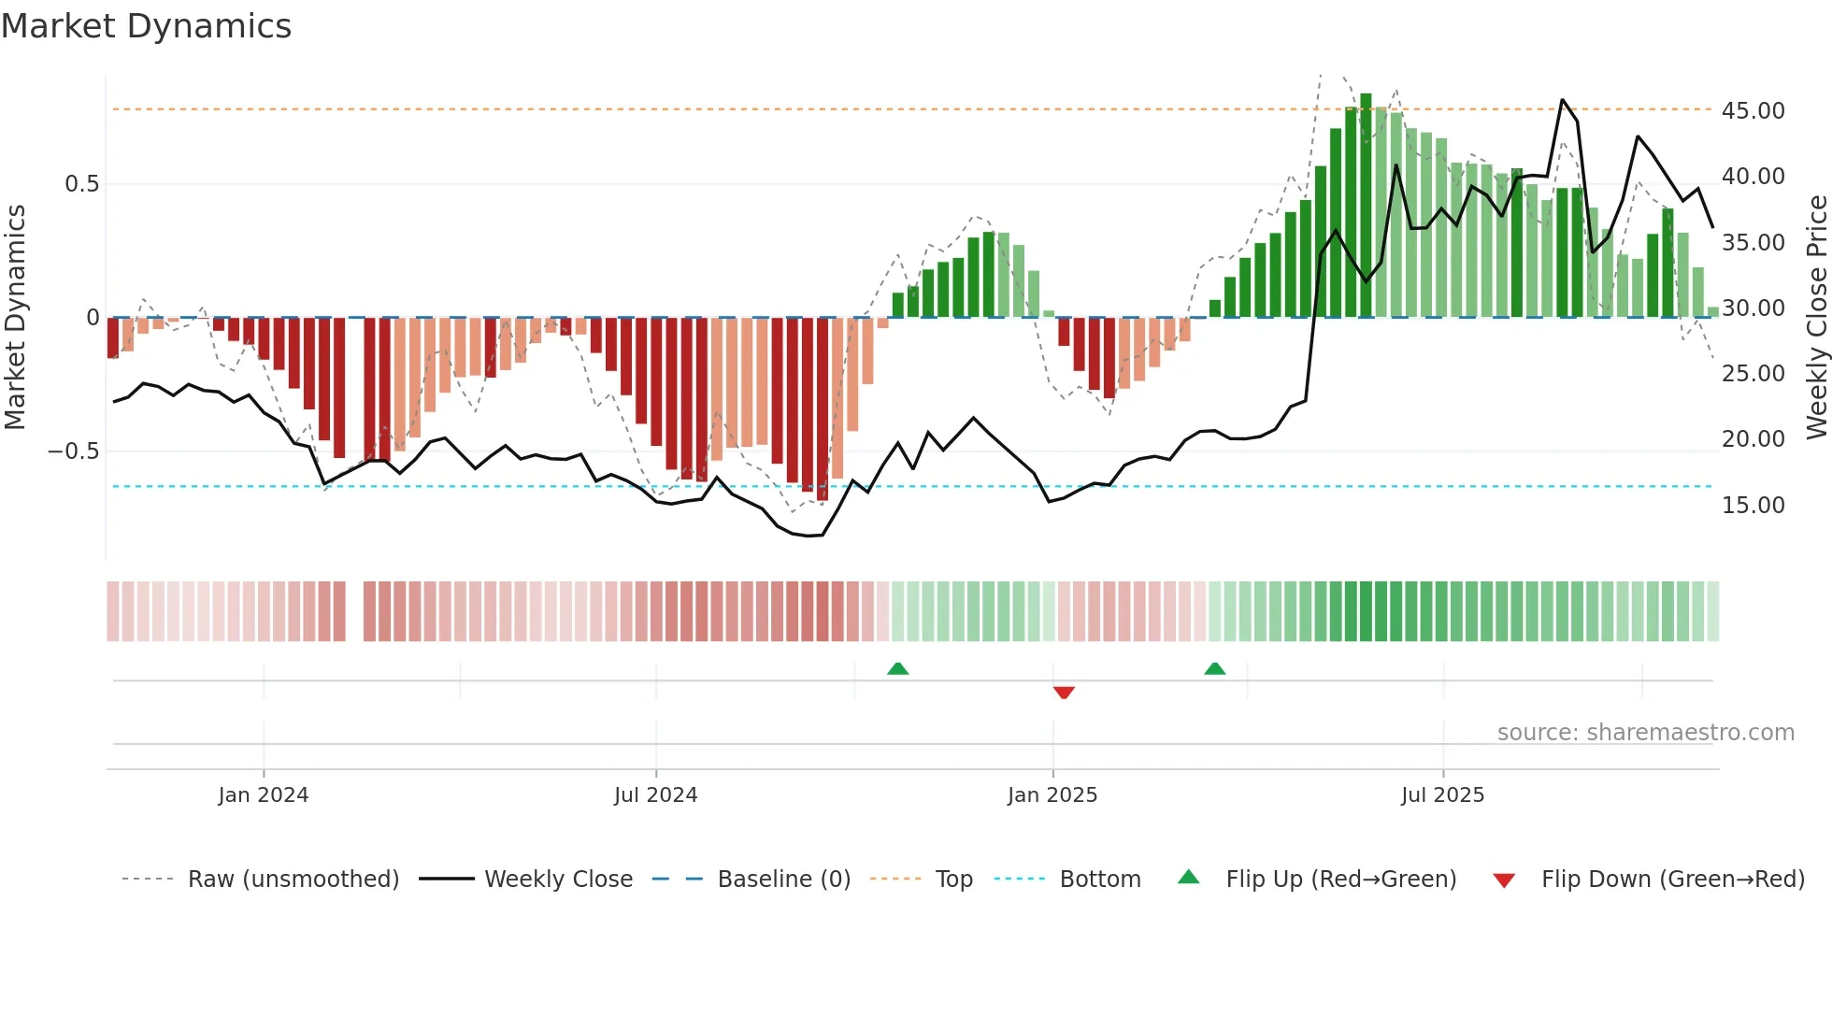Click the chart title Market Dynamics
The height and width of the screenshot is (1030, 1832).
(x=147, y=26)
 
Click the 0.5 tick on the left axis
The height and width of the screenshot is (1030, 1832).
(x=81, y=184)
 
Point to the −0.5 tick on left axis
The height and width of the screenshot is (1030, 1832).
(x=74, y=451)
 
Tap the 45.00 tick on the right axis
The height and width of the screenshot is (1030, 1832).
(x=1753, y=111)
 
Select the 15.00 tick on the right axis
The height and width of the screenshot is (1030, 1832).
(x=1753, y=506)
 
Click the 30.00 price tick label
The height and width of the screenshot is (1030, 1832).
(x=1753, y=308)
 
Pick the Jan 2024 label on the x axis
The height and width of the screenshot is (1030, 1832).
(x=263, y=795)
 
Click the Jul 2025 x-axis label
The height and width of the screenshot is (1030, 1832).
(x=1442, y=795)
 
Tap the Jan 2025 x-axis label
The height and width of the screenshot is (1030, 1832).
(x=1052, y=795)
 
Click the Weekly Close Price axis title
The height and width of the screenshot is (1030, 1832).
(x=1816, y=318)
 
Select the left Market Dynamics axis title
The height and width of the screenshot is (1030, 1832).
(x=15, y=318)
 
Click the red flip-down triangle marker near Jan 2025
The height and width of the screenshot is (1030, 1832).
(x=1064, y=693)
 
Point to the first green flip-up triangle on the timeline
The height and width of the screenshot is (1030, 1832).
(x=897, y=668)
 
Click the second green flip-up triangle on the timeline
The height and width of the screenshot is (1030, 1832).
(x=1214, y=668)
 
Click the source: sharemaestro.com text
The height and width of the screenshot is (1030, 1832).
(x=1645, y=733)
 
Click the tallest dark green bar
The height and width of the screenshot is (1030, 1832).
(x=1366, y=206)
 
